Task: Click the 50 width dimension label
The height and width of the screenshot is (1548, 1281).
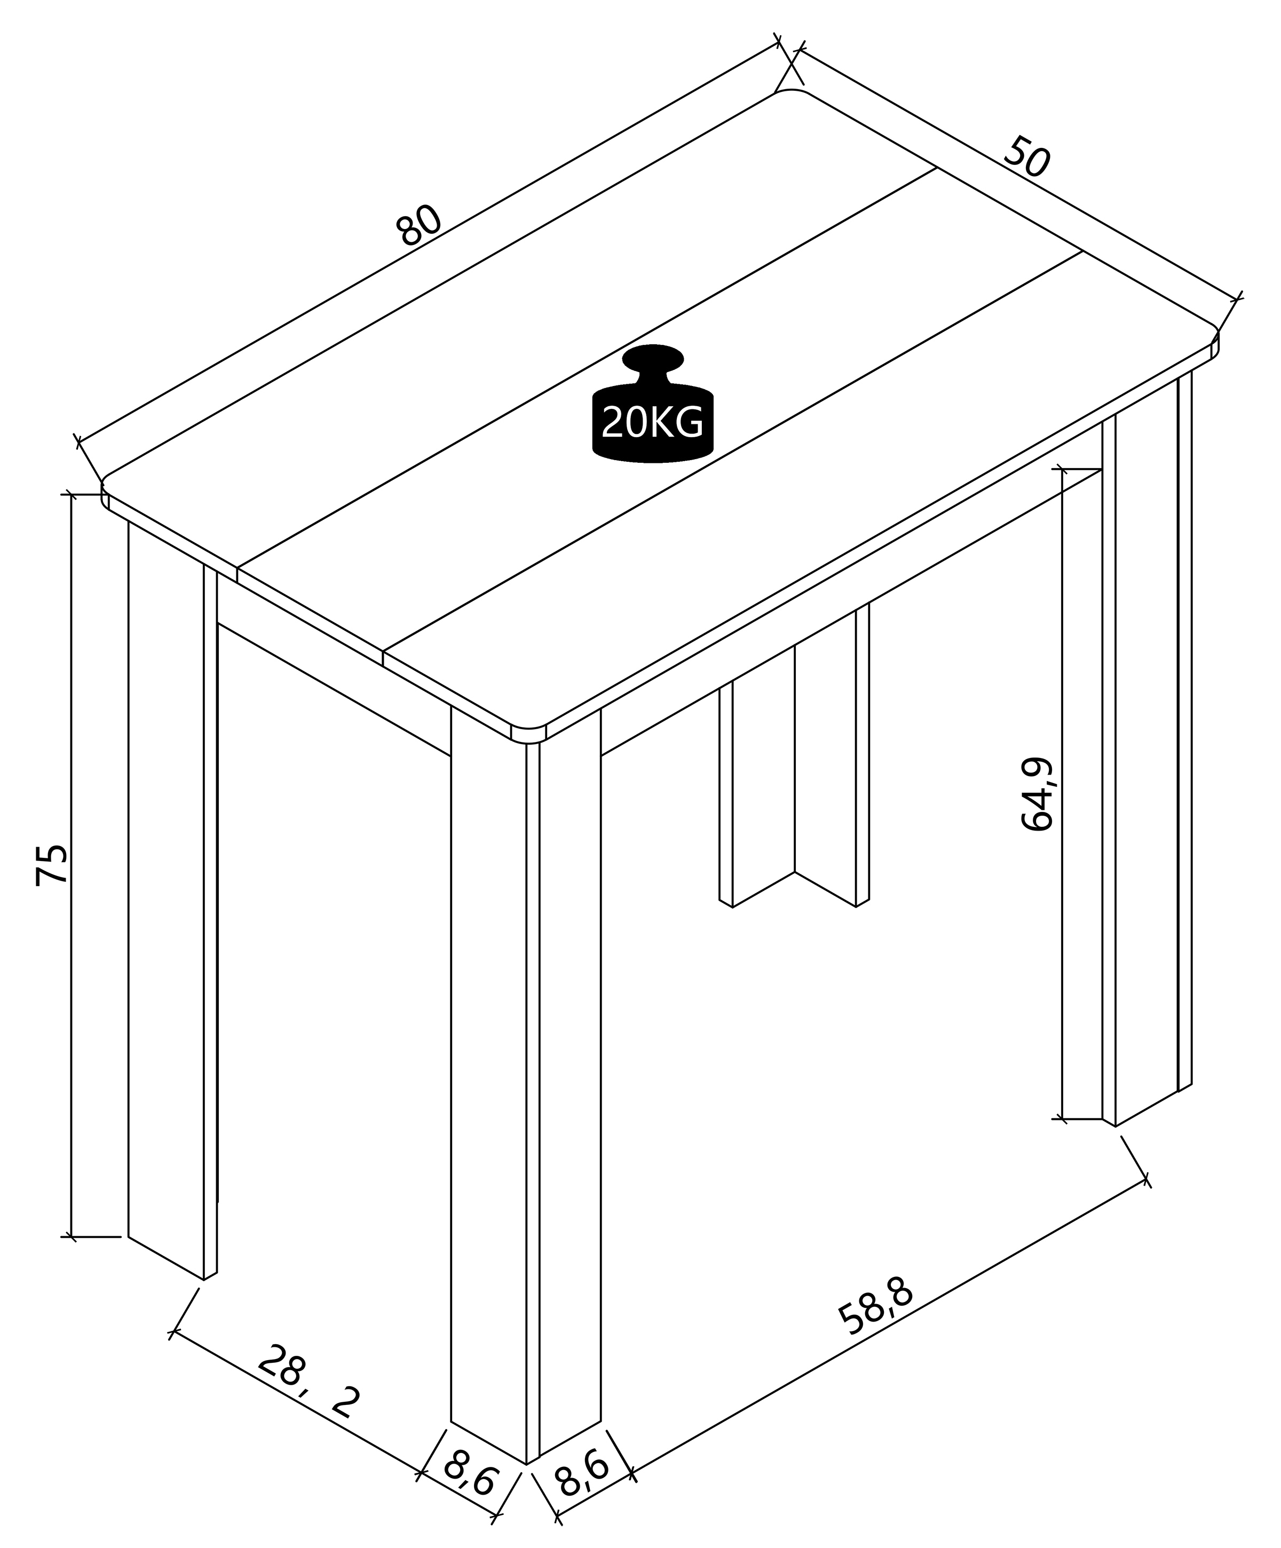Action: click(1026, 156)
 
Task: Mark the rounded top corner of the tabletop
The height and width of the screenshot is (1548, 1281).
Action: click(790, 93)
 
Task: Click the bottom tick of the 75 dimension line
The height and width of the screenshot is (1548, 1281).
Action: click(71, 1236)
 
